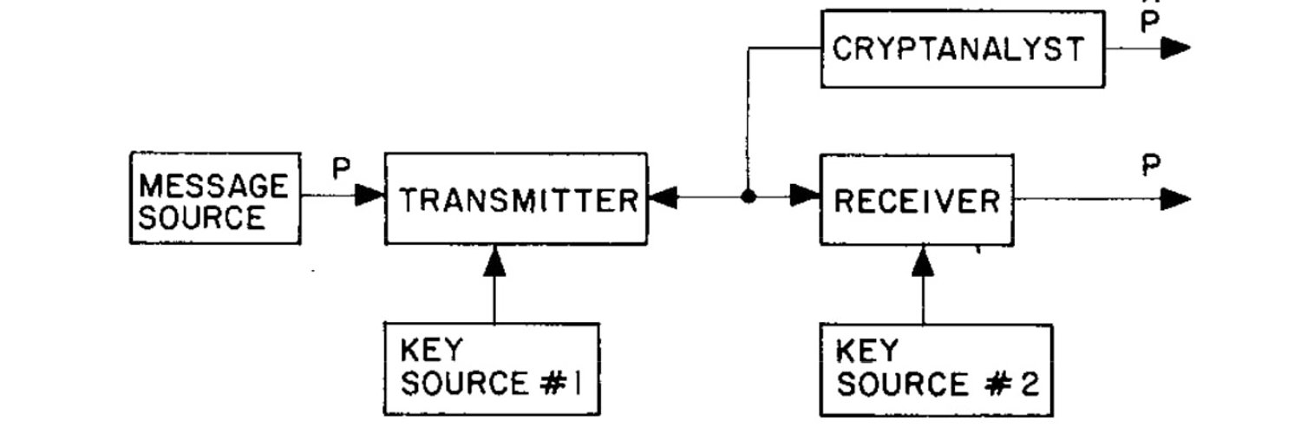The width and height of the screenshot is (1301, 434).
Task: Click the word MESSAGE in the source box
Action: coord(213,186)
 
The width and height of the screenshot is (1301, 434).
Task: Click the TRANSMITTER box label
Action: coord(519,201)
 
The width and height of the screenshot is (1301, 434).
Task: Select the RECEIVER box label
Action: coord(917,201)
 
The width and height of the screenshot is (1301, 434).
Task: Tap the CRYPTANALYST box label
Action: coord(958,49)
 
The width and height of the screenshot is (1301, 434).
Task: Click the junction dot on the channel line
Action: coord(748,196)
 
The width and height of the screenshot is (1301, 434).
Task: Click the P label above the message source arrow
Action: coord(342,168)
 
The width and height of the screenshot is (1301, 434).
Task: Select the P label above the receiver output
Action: coord(1151,165)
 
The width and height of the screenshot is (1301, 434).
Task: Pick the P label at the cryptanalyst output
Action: coord(1150,22)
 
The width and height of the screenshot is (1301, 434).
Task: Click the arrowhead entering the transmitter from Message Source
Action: coord(370,194)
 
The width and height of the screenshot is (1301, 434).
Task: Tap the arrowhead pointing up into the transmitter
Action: coord(494,261)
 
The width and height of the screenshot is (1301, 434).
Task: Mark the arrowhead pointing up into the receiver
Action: coord(923,261)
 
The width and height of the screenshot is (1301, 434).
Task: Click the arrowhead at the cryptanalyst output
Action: coord(1175,48)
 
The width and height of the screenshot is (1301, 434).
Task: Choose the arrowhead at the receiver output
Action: coord(1175,200)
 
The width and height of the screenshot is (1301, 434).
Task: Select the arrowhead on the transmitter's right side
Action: coord(663,197)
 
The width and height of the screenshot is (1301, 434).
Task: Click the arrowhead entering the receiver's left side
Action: coord(805,195)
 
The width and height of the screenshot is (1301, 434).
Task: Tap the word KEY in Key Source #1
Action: coord(432,350)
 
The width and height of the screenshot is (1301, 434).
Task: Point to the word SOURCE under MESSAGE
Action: coord(201,218)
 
